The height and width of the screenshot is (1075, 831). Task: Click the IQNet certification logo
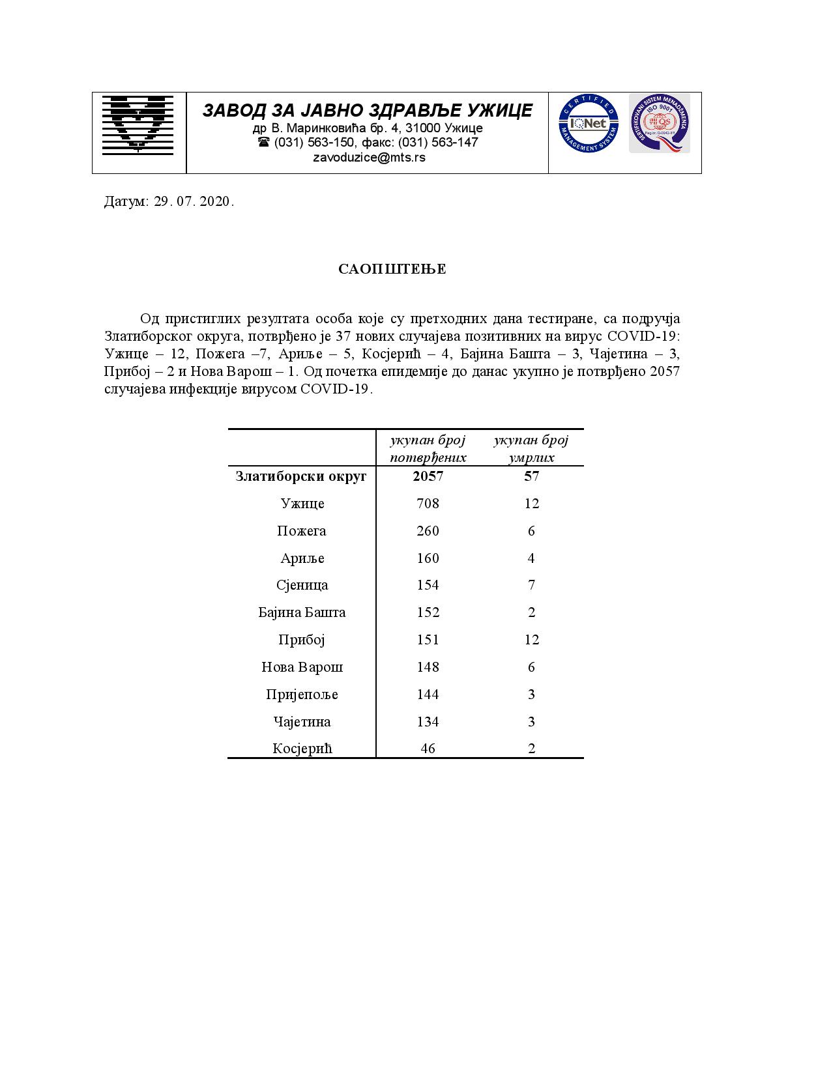[588, 123]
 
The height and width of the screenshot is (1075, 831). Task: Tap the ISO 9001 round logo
[659, 123]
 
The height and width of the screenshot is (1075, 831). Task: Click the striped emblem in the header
[138, 124]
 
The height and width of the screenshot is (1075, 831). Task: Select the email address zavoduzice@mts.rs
[369, 158]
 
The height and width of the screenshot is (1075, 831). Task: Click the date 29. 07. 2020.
[194, 201]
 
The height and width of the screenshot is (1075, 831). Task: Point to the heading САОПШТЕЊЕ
[392, 270]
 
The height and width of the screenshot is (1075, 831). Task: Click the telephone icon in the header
[263, 142]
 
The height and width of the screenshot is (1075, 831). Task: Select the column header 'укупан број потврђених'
[428, 448]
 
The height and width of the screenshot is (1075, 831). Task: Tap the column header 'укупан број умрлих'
[531, 448]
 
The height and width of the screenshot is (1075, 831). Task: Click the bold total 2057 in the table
[428, 476]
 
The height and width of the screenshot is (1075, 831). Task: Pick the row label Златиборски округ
[301, 476]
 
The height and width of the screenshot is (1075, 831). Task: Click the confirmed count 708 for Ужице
[428, 504]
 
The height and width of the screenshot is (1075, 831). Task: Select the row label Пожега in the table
[302, 531]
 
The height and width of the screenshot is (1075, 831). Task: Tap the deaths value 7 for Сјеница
[532, 585]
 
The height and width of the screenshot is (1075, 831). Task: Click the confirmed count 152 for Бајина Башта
[428, 612]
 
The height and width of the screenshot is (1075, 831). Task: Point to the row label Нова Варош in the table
[302, 667]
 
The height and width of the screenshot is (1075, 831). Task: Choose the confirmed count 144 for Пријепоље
[428, 695]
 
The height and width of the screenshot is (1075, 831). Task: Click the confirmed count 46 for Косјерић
[428, 749]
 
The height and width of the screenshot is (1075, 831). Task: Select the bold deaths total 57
[532, 476]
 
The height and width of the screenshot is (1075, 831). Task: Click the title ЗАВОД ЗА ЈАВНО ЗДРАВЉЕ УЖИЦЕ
[368, 111]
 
